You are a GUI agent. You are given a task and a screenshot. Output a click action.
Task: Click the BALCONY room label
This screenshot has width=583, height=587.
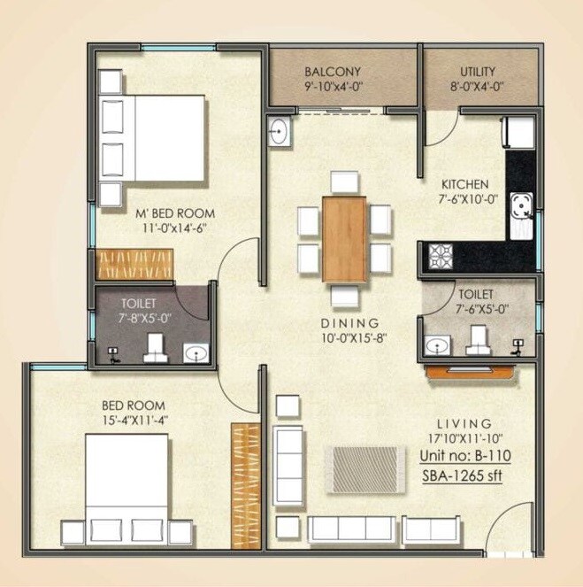click(332, 72)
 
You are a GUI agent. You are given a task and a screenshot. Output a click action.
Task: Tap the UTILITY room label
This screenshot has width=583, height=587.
click(478, 72)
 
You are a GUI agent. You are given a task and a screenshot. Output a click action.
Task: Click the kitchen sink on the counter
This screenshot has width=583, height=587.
click(522, 213)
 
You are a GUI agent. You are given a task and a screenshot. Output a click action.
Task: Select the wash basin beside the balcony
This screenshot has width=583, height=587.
click(279, 132)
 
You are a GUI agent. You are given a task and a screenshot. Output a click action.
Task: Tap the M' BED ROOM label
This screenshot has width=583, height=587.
click(174, 213)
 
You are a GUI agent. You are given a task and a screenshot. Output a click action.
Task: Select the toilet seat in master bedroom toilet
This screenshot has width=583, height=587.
click(156, 347)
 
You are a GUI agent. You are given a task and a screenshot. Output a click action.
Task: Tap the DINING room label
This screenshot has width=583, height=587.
click(350, 323)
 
